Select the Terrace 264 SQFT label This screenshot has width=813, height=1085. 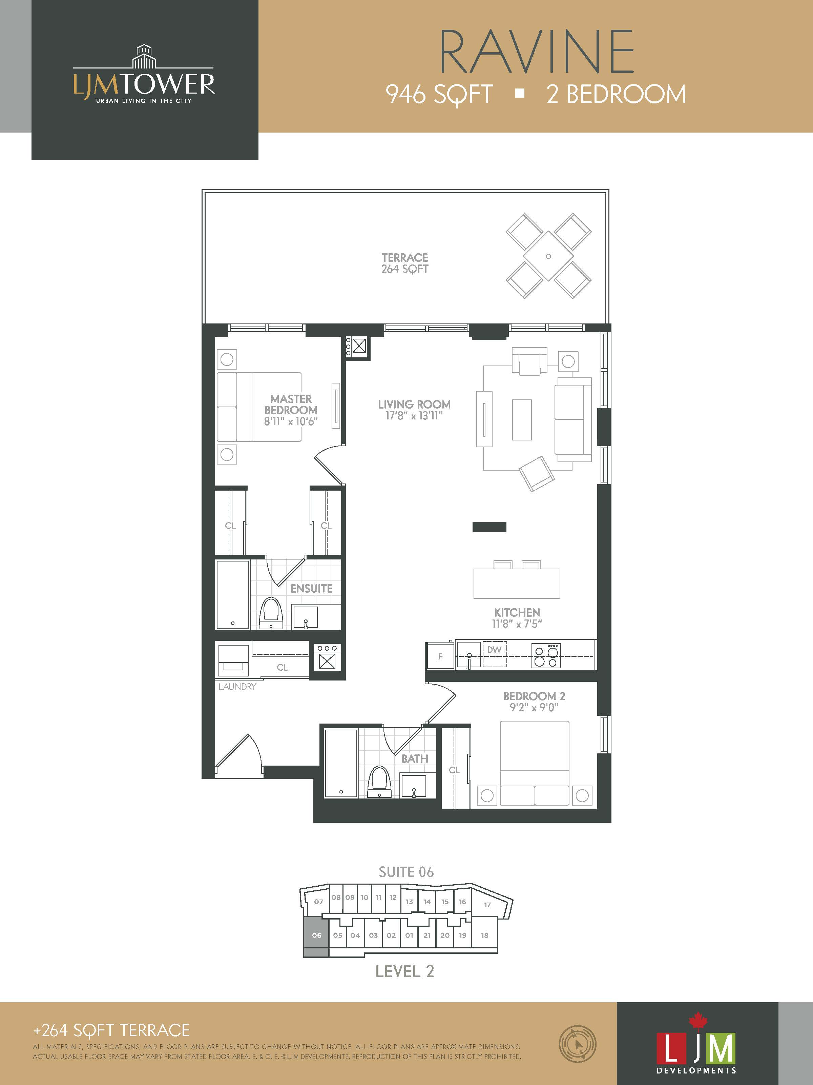click(x=405, y=263)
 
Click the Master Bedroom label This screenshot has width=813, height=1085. click(x=291, y=404)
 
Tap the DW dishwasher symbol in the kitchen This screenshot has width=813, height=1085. click(x=495, y=654)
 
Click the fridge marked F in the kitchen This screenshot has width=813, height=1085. click(x=440, y=656)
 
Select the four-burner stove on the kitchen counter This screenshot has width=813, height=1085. click(x=546, y=656)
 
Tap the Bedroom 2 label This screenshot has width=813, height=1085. click(x=534, y=696)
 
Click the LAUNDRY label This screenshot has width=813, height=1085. click(x=237, y=687)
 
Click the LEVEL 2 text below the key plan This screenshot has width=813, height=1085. click(x=405, y=972)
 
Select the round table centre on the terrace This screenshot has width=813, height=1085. click(x=548, y=256)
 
